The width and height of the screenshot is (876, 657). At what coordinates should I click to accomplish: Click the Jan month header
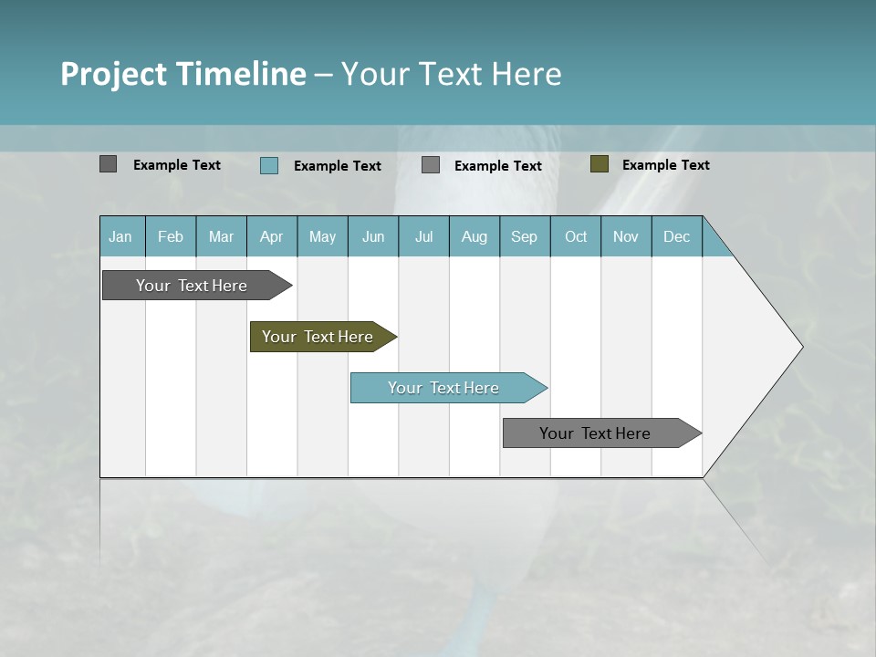coord(120,236)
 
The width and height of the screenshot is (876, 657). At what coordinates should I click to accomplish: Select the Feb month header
coord(171,236)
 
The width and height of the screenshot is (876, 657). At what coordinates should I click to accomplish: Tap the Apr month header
coord(271,236)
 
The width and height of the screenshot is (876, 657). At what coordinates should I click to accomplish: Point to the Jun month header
coord(373,236)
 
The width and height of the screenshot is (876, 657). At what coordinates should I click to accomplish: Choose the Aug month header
coord(474,236)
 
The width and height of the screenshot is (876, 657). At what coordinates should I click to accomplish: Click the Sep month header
coord(524,236)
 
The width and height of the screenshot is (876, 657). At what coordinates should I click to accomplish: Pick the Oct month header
coord(576,236)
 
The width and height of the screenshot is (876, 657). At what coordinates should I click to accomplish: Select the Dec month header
coord(676,236)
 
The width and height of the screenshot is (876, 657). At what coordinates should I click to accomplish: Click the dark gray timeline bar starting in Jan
coord(192,286)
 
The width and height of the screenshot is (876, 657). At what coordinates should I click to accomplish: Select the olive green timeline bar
coord(318,337)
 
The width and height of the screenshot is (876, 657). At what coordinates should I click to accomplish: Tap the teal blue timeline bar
coord(443,388)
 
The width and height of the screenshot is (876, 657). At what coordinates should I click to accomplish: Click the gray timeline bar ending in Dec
coord(595,433)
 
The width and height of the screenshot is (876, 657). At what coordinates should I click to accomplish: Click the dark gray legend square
coord(108,164)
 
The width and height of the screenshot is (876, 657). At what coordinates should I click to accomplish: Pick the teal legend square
coord(268,165)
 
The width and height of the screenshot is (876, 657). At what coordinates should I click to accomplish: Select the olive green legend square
coord(600,164)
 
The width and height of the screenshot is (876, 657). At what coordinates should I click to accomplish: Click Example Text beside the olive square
coord(665,165)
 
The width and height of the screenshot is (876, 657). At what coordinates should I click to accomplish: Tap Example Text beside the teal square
coord(337,166)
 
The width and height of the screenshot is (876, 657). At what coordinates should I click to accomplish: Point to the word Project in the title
coord(114,74)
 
